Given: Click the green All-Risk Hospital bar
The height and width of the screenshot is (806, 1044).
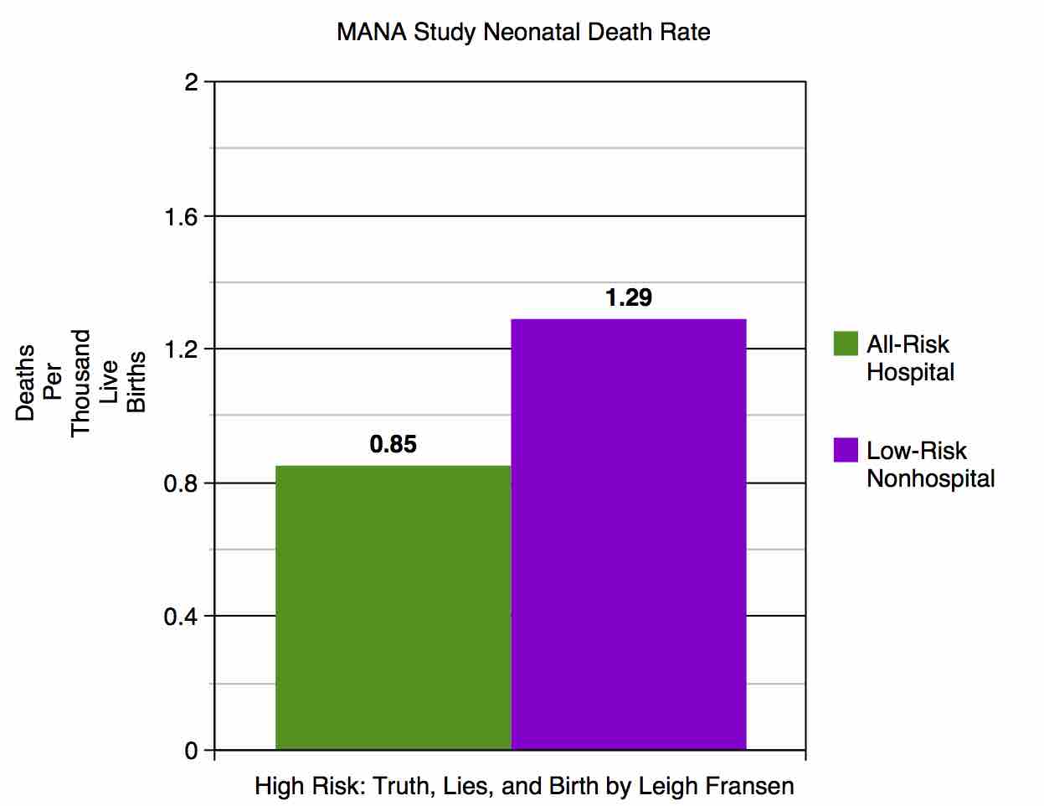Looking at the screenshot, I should pos(393,607).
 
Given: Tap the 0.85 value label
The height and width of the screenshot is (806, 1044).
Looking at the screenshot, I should pos(393,444).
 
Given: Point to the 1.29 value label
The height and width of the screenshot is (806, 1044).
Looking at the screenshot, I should pos(629,297).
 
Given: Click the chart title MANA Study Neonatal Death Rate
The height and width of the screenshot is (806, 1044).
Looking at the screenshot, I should pos(523,33).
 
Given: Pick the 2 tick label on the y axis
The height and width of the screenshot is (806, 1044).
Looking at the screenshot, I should pos(192,83).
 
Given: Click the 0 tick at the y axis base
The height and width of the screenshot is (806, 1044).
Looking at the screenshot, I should pos(192,751).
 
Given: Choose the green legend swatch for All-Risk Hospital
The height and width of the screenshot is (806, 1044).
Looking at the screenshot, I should pos(846,344).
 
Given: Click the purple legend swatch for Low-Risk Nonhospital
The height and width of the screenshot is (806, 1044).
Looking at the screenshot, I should pos(846,450).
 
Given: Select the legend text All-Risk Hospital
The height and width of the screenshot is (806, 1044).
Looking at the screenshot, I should pos(909,358).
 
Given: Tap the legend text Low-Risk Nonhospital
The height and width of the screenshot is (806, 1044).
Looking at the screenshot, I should pos(930,464).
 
